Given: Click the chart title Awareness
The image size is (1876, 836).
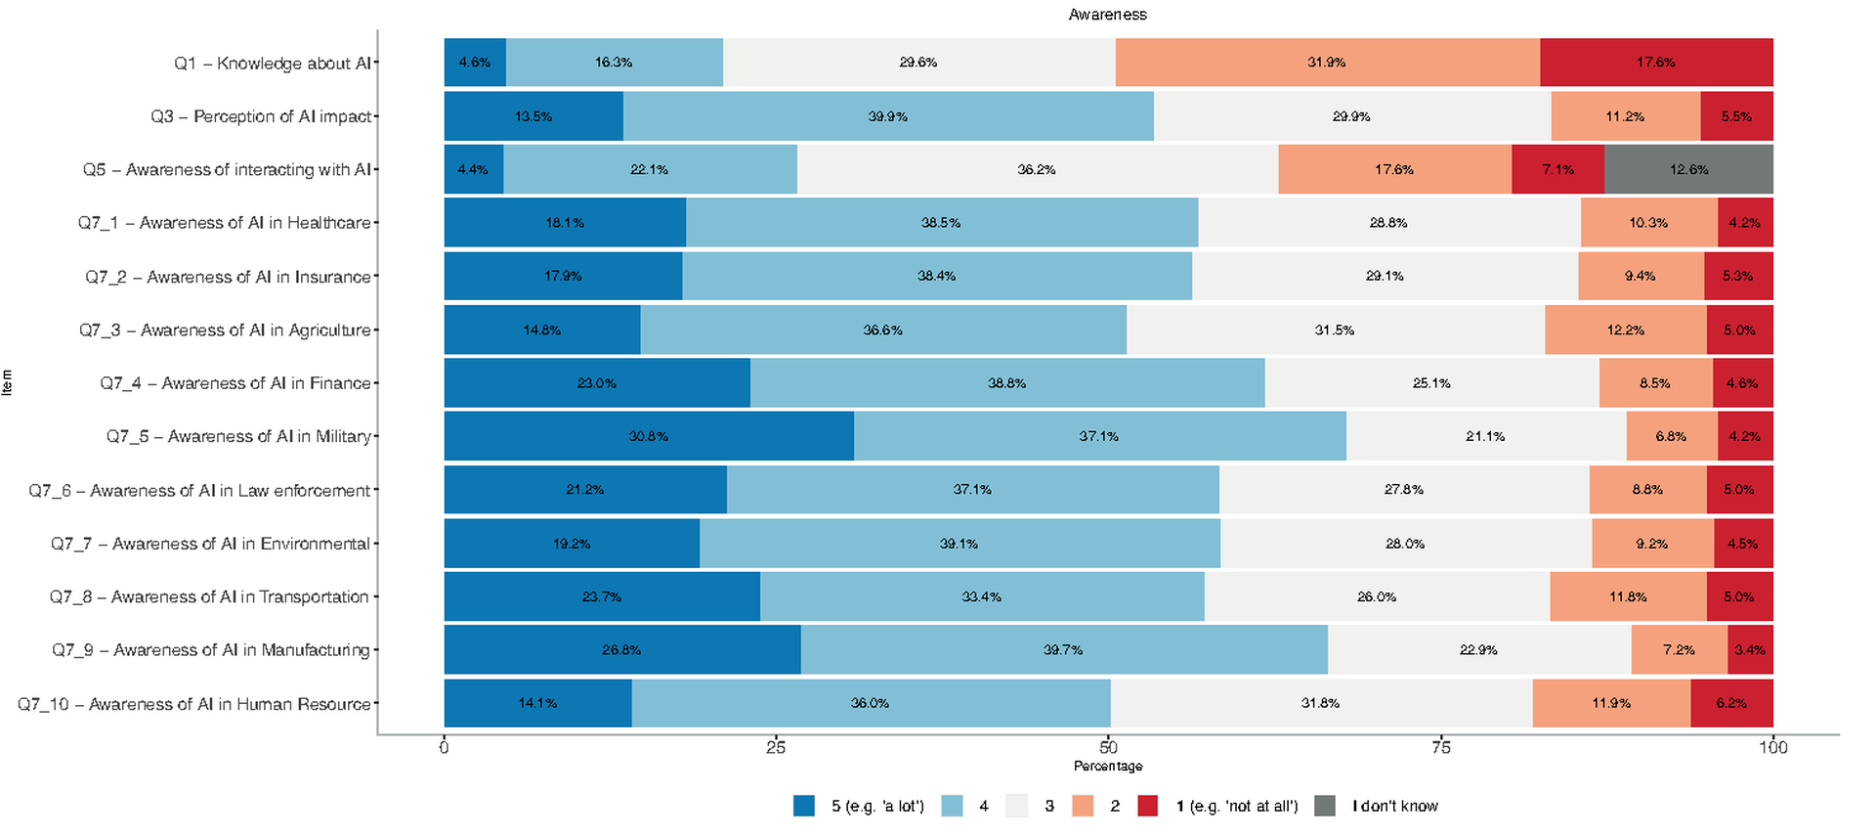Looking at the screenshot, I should point(1107,15).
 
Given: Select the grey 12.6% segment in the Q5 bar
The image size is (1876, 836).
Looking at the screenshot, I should point(1688,169).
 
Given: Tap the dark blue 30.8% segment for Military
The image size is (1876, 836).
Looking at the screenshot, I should point(649,436).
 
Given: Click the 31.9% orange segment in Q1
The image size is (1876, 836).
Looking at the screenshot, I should point(1327,63).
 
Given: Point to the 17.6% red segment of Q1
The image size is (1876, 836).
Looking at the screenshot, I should point(1656,63).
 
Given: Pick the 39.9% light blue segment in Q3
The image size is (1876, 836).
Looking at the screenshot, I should point(887,116).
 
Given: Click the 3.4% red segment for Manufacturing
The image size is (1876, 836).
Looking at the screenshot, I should point(1750,650).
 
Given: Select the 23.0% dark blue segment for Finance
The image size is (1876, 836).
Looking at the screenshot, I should point(597,383).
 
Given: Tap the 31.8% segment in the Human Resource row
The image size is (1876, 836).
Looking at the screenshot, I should point(1320,703).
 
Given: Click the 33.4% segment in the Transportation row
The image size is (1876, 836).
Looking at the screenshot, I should point(981,596).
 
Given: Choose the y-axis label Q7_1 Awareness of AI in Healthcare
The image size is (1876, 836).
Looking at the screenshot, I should point(225,223).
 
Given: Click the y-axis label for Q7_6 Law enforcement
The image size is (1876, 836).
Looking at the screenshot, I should point(199,490).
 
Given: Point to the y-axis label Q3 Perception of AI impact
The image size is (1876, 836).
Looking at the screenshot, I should point(261,116).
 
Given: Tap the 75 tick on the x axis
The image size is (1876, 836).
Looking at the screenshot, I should point(1440,748).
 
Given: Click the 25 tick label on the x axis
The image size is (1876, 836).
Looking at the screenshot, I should point(776,748).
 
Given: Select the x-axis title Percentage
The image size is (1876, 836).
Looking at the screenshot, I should point(1107,766).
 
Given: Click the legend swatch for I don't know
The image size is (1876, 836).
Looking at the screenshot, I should point(1325,806).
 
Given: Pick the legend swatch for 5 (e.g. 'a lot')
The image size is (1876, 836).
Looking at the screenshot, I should point(804,806).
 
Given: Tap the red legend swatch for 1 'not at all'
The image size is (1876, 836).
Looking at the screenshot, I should point(1148,806).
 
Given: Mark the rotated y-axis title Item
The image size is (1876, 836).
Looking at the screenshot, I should point(8,382).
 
